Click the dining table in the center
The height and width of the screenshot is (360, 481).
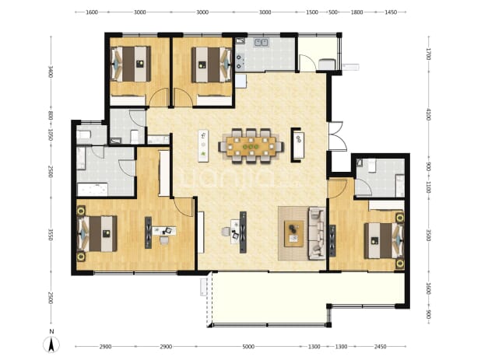pyautogui.click(x=251, y=146)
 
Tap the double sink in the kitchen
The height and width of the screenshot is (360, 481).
pyautogui.click(x=261, y=42)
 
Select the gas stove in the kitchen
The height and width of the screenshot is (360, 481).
pyautogui.click(x=239, y=61)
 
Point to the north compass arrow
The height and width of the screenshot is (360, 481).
pyautogui.click(x=51, y=344)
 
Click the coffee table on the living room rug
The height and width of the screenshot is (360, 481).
pyautogui.click(x=294, y=233)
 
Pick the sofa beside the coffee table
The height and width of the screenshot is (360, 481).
pyautogui.click(x=317, y=233)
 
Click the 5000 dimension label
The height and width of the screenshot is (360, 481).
pyautogui.click(x=248, y=347)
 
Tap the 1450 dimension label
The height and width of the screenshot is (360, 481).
pyautogui.click(x=391, y=12)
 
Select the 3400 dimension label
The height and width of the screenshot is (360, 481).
pyautogui.click(x=51, y=72)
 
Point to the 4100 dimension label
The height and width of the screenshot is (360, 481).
pyautogui.click(x=429, y=114)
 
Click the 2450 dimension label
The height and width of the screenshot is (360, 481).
pyautogui.click(x=380, y=347)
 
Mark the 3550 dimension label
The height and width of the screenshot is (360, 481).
pyautogui.click(x=51, y=235)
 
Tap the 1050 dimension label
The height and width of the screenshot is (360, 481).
pyautogui.click(x=51, y=135)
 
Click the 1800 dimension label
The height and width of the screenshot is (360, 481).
pyautogui.click(x=356, y=12)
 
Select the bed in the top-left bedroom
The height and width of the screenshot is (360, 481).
pyautogui.click(x=131, y=64)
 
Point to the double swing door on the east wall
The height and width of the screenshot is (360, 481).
pyautogui.click(x=336, y=136)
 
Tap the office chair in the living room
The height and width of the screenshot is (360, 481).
pyautogui.click(x=226, y=232)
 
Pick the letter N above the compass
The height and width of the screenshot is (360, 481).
pyautogui.click(x=52, y=331)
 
